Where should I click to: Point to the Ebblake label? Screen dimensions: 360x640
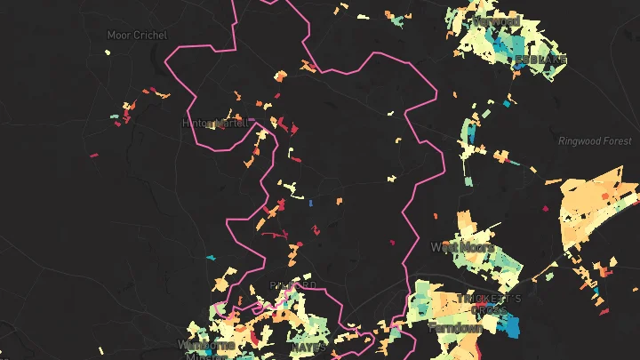tap(540, 60)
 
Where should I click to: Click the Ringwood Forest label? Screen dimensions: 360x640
tap(595, 141)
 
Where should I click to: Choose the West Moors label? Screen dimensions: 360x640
tap(461, 246)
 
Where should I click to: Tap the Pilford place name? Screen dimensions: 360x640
tap(292, 285)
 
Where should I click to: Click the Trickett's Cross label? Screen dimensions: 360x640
tap(489, 299)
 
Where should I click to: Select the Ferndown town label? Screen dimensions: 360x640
tap(455, 328)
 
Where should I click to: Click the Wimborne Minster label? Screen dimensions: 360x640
tap(206, 348)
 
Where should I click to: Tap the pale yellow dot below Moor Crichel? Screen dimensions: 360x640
tap(108, 53)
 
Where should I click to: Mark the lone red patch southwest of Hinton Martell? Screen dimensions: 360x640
tap(93, 156)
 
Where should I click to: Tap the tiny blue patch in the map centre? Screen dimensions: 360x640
tap(309, 204)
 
